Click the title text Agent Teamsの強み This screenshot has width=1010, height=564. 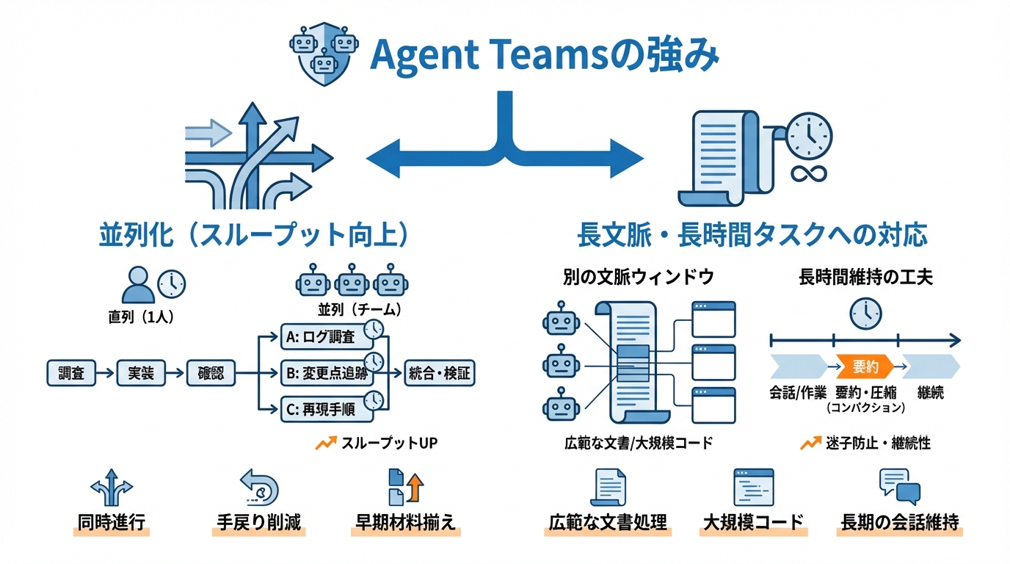click(543, 56)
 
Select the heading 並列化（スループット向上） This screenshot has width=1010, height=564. click(254, 235)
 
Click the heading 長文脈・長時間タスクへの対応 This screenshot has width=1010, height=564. click(752, 235)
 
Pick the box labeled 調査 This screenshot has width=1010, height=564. click(70, 373)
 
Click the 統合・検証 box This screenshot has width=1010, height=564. click(440, 373)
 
